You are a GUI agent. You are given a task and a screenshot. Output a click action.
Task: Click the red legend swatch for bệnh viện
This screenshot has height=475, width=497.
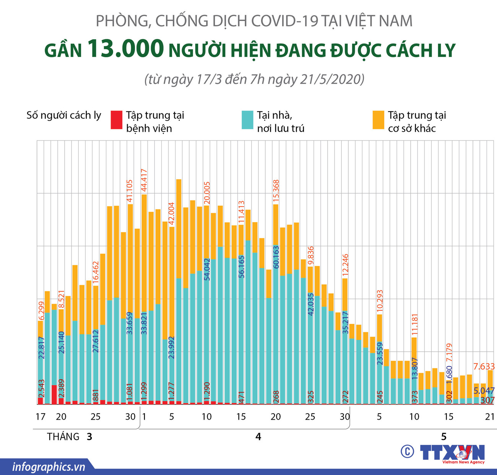[116, 120]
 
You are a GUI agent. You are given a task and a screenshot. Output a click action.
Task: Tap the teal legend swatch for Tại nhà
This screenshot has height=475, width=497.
[247, 120]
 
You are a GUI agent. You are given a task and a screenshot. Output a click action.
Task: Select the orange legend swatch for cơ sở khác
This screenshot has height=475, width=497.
[378, 120]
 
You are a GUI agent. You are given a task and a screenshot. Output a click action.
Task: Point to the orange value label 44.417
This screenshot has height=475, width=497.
[144, 181]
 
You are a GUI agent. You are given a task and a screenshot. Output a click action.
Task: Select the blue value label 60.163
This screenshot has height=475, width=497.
[276, 257]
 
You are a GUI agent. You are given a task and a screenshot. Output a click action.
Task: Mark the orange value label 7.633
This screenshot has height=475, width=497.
[484, 367]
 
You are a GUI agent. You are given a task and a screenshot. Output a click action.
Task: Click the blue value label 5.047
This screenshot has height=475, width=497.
[484, 391]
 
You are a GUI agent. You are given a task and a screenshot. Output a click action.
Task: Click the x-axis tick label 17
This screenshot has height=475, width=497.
[40, 417]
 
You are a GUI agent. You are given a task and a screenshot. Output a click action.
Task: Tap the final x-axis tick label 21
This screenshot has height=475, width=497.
[490, 417]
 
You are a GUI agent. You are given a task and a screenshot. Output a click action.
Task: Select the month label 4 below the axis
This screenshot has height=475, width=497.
[258, 436]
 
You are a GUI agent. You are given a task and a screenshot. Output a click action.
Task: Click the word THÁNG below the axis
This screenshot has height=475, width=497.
[63, 436]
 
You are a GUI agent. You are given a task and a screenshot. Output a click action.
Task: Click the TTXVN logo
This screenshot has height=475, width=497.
[452, 453]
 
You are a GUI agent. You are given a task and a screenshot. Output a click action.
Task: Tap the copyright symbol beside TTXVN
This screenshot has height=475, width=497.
[408, 452]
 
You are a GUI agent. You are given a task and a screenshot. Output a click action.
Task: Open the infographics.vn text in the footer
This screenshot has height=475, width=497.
[49, 467]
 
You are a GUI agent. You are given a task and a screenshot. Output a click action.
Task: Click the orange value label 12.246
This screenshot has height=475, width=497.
[345, 265]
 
